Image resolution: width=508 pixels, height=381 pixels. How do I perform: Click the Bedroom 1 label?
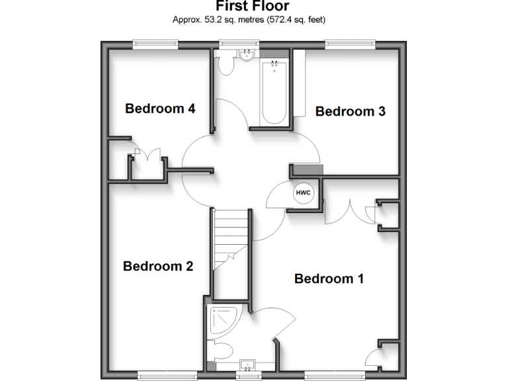coord(329,278)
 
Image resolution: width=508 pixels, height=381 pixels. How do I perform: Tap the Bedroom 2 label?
coord(158,267)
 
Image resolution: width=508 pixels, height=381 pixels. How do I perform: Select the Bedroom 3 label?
coord(350,111)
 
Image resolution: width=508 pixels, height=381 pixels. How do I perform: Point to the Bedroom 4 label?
coord(160,108)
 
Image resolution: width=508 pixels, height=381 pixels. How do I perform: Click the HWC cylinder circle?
coord(303,192)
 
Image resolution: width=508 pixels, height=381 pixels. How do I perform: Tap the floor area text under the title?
coord(249,20)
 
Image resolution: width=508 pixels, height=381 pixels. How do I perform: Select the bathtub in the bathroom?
coord(274,92)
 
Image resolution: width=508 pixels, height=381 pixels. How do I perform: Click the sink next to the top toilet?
coord(247,55)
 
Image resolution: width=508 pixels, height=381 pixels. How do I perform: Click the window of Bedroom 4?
coord(155,44)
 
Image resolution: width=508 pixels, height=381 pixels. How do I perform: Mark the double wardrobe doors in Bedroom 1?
coord(351,210)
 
